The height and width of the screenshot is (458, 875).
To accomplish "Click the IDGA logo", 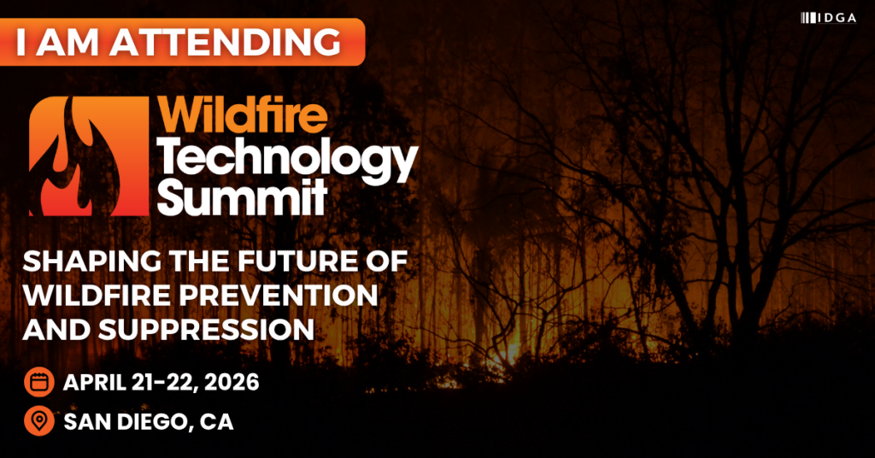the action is [828, 18].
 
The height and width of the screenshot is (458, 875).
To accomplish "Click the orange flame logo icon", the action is [89, 156].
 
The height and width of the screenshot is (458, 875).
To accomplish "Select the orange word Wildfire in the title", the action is [243, 114].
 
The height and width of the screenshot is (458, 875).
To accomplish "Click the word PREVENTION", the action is [279, 295].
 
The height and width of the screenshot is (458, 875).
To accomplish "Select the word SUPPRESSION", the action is [207, 329].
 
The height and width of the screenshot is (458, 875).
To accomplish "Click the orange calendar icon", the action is [39, 382].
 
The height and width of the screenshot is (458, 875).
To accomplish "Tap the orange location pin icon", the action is [39, 420].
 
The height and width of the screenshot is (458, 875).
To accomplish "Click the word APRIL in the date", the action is [94, 382].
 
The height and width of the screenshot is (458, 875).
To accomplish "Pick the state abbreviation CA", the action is [216, 421].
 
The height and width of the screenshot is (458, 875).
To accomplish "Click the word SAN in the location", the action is [85, 421].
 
